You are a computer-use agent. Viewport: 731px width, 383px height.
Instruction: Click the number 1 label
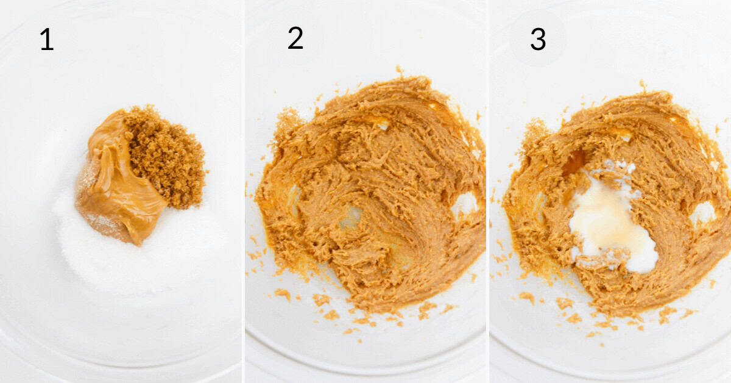tap(46, 40)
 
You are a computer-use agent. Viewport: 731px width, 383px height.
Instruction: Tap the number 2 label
tap(295, 39)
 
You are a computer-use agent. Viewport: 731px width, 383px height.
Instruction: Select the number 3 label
tap(537, 39)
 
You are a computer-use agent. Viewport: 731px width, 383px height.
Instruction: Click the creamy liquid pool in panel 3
tap(609, 226)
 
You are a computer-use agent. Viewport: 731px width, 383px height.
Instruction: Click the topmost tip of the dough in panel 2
tap(400, 71)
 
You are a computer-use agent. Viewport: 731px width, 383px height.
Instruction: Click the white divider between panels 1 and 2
tap(244, 191)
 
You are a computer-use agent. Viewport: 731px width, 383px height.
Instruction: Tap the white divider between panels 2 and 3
tap(488, 191)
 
